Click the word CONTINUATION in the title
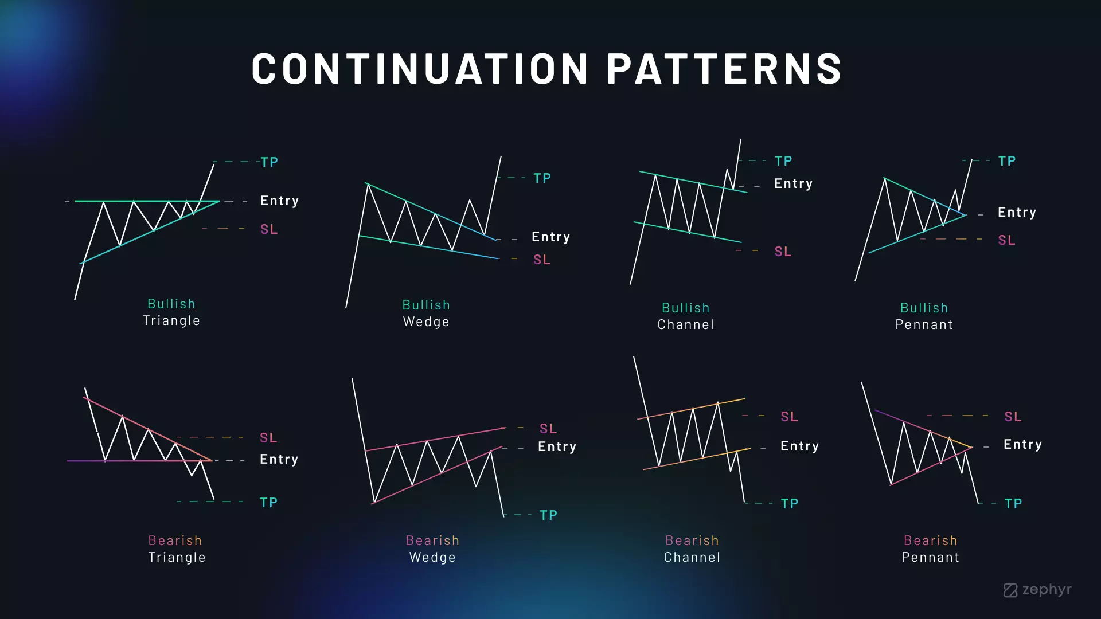coord(420,69)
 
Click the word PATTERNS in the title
coord(725,69)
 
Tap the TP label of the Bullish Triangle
coord(270,162)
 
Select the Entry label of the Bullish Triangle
coord(280,201)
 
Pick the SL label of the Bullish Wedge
coord(542,260)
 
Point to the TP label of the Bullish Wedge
coord(542,178)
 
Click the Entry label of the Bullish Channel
coord(794,183)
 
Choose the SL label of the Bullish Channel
coord(783,252)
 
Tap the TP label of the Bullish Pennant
coord(1007,161)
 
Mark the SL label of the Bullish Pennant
coord(1007,240)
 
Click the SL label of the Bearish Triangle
coord(268,438)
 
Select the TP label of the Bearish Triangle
coord(269,503)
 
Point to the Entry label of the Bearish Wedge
coord(557,446)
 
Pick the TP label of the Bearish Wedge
coord(549,515)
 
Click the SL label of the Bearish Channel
coord(790,417)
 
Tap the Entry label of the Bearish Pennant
coord(1023,444)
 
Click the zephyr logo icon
coord(1010,590)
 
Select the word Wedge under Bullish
coord(427,322)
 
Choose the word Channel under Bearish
coord(692,557)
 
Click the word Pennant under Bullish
coord(924,324)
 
